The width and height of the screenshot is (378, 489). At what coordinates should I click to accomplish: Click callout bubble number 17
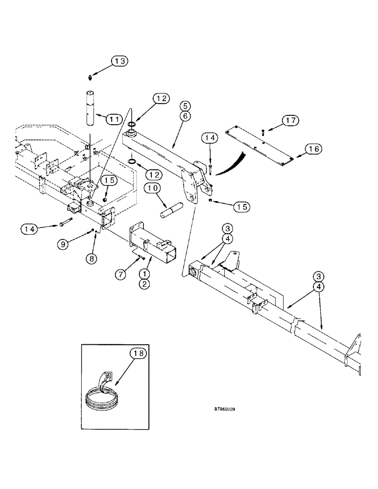click(x=290, y=120)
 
